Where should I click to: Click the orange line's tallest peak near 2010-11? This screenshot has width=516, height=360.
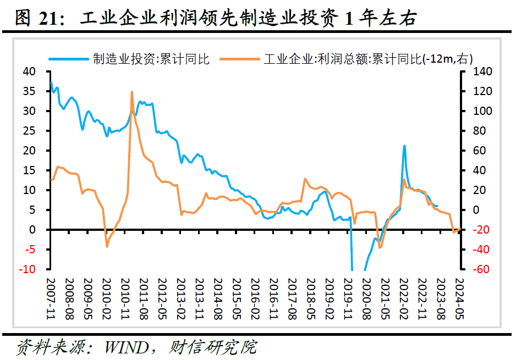132,92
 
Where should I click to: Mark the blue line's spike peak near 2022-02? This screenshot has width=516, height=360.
404,146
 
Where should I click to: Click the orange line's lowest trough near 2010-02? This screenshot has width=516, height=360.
107,246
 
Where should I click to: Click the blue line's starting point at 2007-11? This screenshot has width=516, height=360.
51,83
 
